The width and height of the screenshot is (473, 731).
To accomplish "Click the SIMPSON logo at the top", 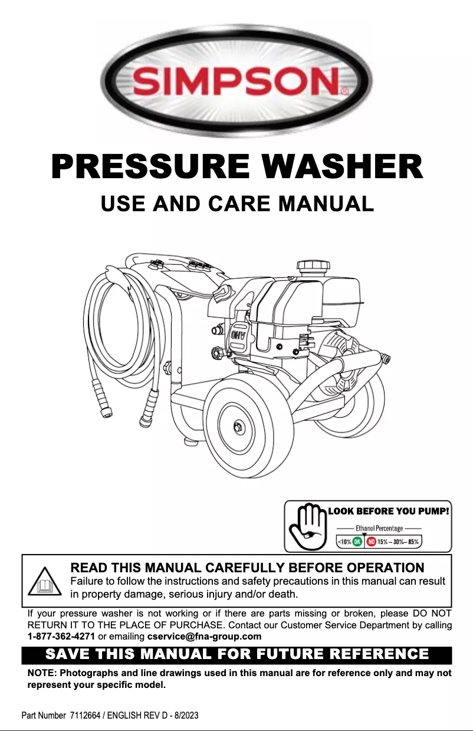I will click(x=236, y=80).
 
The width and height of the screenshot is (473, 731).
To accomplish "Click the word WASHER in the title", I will click(x=347, y=166).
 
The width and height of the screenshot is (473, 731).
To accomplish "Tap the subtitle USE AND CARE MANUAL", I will click(x=237, y=204).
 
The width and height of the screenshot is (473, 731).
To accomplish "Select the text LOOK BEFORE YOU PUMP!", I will click(x=389, y=510).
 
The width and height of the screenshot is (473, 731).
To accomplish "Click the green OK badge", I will click(x=357, y=541).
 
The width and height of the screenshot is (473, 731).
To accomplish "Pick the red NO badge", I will click(x=372, y=541).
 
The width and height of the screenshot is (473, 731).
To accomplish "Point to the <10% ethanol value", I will click(x=344, y=541).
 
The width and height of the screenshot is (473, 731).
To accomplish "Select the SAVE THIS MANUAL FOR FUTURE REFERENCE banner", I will click(x=236, y=654).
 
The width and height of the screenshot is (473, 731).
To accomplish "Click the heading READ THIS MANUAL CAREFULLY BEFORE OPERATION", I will click(x=247, y=568).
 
